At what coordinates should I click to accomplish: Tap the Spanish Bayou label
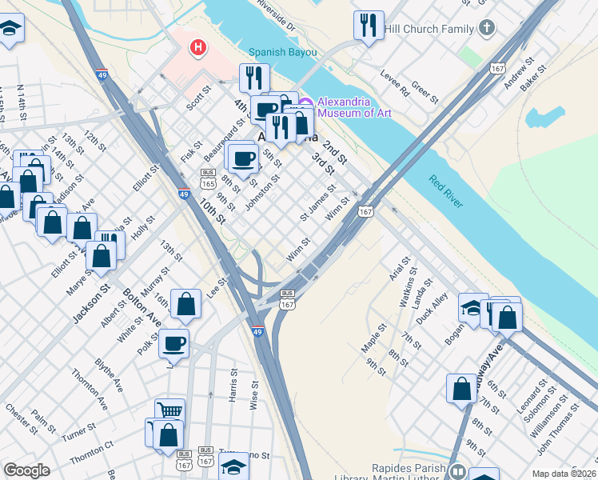(x=282, y=53)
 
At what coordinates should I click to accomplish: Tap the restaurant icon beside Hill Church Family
(x=369, y=26)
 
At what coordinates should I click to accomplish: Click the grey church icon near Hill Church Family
(x=487, y=29)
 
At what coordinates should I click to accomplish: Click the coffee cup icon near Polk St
(x=173, y=345)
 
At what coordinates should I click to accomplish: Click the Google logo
(x=27, y=470)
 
